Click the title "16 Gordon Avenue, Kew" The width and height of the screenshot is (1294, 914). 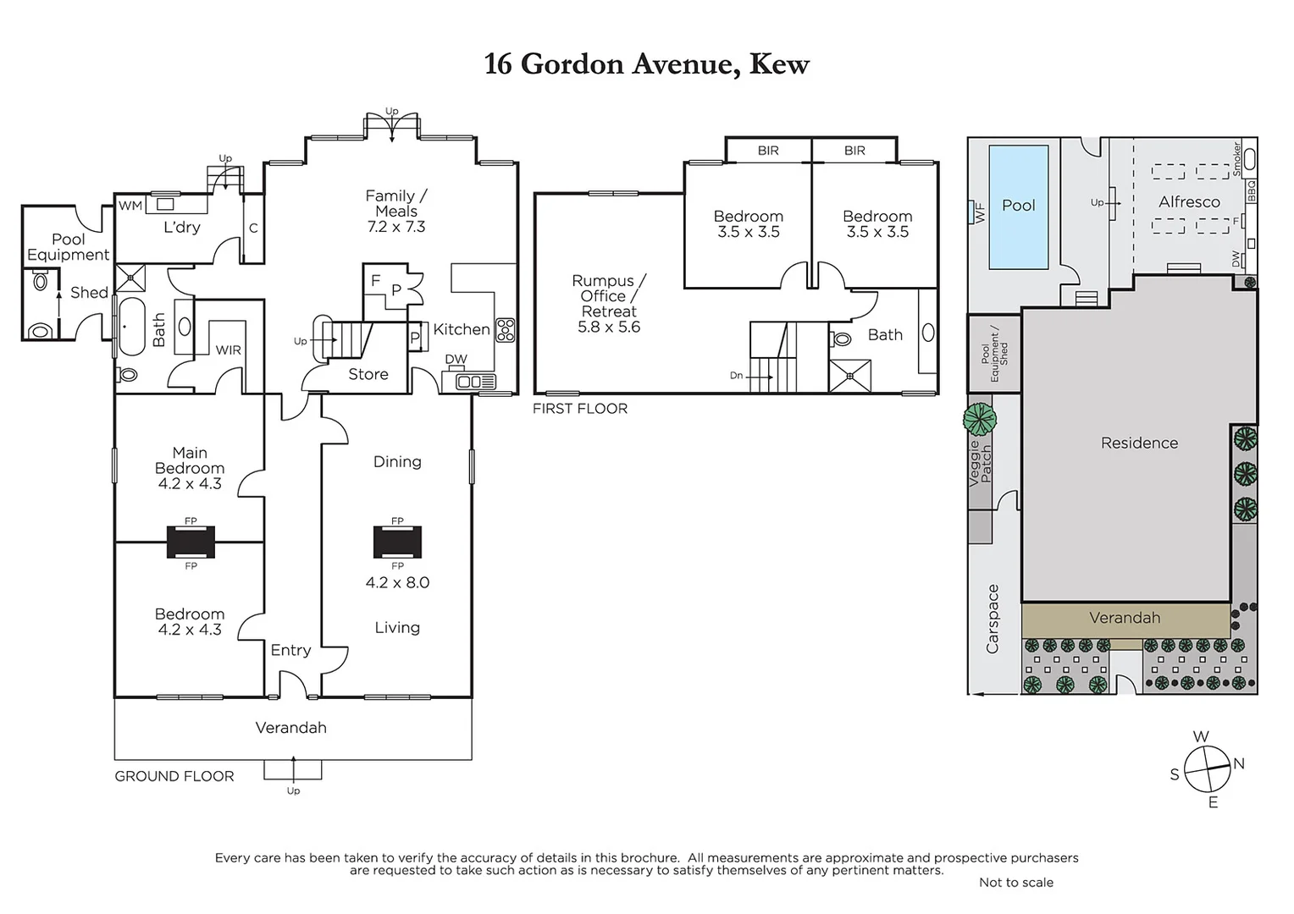tap(646, 64)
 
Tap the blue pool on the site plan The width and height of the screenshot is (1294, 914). tap(1018, 206)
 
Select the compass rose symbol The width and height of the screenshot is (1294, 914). tap(1206, 768)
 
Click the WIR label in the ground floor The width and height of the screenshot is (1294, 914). tap(228, 350)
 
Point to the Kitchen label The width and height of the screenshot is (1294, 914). tap(461, 329)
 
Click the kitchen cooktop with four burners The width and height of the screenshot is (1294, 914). tap(505, 330)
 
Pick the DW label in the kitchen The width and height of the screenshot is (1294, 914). tap(456, 360)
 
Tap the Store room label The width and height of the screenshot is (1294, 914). tap(368, 374)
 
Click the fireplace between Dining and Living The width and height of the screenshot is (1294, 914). tap(397, 542)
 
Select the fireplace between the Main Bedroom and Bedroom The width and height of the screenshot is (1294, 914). tap(191, 542)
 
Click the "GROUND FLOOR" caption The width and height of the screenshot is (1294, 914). tap(174, 776)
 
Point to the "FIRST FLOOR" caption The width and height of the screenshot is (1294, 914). tap(580, 409)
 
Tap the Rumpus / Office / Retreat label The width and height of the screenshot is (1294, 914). tap(609, 304)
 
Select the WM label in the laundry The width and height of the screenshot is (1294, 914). tap(130, 206)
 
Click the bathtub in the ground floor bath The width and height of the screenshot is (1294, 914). tap(130, 326)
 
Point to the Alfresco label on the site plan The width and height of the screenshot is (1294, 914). tap(1189, 202)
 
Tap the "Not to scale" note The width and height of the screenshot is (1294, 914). tap(1016, 883)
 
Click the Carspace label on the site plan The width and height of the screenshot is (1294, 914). tap(993, 619)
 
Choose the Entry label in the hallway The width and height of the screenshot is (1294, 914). tap(290, 650)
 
